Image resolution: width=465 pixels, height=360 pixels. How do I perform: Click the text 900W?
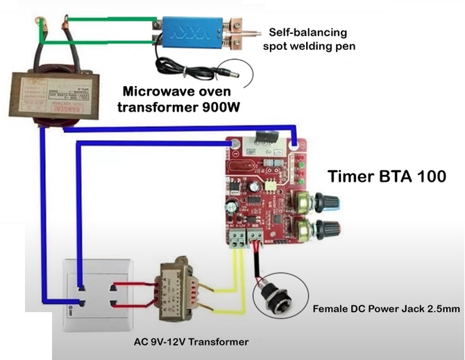211,107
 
